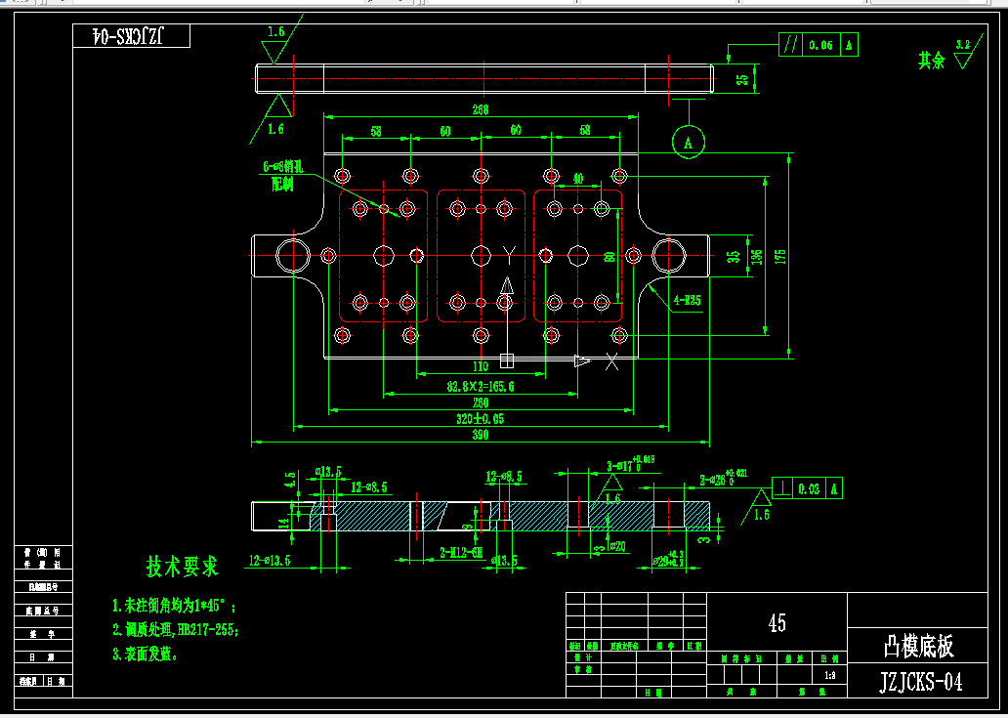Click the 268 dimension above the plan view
tap(480, 110)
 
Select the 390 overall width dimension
tap(480, 435)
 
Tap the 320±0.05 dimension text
tap(480, 419)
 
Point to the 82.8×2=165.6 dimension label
tap(481, 387)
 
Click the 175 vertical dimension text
tap(779, 256)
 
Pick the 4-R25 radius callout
tap(688, 300)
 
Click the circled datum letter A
tap(689, 142)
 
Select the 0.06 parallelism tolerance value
tap(821, 45)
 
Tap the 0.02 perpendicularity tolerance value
tap(809, 488)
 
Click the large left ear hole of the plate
tap(292, 255)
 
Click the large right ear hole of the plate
tap(669, 255)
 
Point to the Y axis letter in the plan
tap(509, 255)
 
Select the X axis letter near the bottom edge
tap(612, 362)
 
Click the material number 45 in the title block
tap(777, 622)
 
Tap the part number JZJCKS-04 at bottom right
tap(921, 681)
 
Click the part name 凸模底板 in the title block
tap(918, 646)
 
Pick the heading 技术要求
tap(183, 566)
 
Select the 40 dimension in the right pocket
tap(578, 180)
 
